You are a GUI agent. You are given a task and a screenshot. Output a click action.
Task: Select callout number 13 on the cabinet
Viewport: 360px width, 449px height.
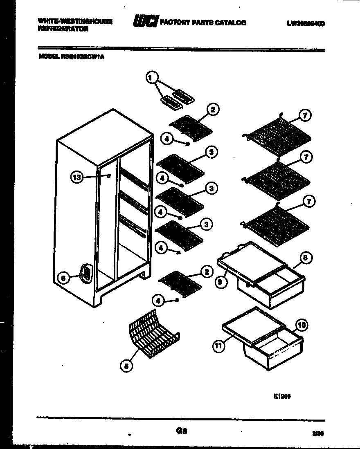tap(76, 177)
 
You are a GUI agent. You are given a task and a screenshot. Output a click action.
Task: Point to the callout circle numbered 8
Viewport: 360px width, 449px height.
tap(307, 258)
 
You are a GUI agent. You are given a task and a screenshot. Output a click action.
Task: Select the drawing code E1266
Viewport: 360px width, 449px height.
tap(282, 396)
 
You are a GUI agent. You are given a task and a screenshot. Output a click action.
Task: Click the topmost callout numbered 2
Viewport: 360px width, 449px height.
tap(213, 109)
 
